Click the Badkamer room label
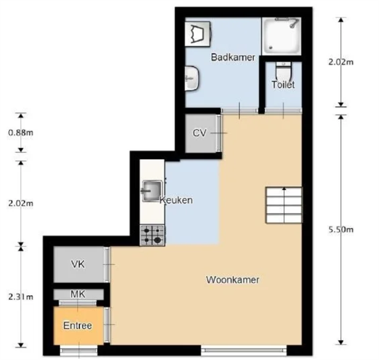pyautogui.click(x=233, y=58)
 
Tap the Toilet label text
pyautogui.click(x=283, y=85)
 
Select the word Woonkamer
pyautogui.click(x=232, y=280)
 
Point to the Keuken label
pyautogui.click(x=176, y=200)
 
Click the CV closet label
pyautogui.click(x=199, y=133)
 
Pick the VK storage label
pyautogui.click(x=78, y=264)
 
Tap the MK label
pyautogui.click(x=78, y=294)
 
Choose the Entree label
pyautogui.click(x=77, y=325)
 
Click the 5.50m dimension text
pyautogui.click(x=341, y=229)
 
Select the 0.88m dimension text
pyautogui.click(x=21, y=133)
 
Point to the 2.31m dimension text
pyautogui.click(x=21, y=297)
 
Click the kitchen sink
pyautogui.click(x=152, y=191)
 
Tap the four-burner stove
pyautogui.click(x=153, y=236)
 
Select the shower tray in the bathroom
pyautogui.click(x=281, y=36)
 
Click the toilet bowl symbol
pyautogui.click(x=283, y=70)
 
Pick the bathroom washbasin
pyautogui.click(x=192, y=78)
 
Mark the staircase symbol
pyautogui.click(x=283, y=205)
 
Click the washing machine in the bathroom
pyautogui.click(x=198, y=34)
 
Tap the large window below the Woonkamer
pyautogui.click(x=244, y=350)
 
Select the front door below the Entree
pyautogui.click(x=79, y=350)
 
